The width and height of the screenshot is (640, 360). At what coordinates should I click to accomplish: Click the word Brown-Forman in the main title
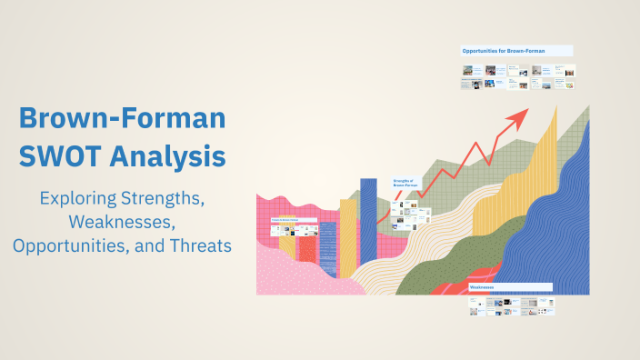coord(123,119)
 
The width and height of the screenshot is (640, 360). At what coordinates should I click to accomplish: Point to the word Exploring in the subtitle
coord(83,197)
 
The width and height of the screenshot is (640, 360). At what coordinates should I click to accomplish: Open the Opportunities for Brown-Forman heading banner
coord(516,51)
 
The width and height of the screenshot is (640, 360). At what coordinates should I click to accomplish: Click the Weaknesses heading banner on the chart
coord(510,286)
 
